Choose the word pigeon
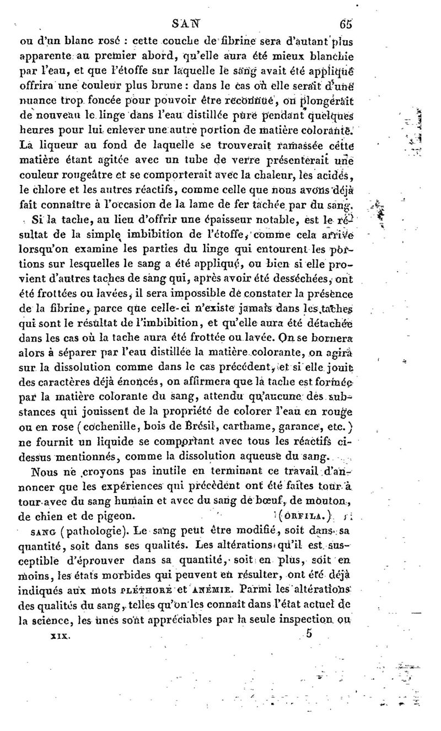click(x=115, y=516)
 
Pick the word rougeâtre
click(x=95, y=177)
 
